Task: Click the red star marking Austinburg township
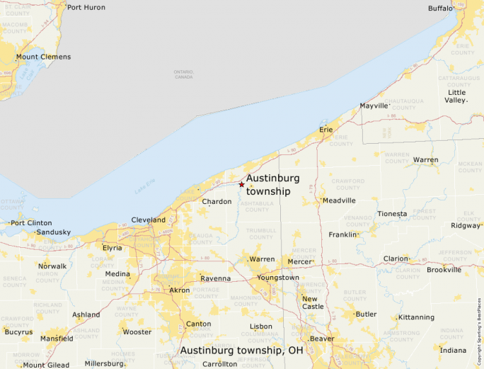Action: pyautogui.click(x=241, y=184)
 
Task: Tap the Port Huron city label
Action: pyautogui.click(x=86, y=7)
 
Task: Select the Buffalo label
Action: pyautogui.click(x=440, y=8)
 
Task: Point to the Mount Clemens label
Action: pyautogui.click(x=43, y=57)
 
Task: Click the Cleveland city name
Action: pyautogui.click(x=149, y=220)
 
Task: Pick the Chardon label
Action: pyautogui.click(x=217, y=202)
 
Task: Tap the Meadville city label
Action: pyautogui.click(x=339, y=200)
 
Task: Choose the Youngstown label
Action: pyautogui.click(x=277, y=278)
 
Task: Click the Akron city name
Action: pyautogui.click(x=180, y=290)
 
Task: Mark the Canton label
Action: pyautogui.click(x=197, y=324)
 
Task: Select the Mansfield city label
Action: pyautogui.click(x=57, y=339)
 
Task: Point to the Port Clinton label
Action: pyautogui.click(x=31, y=222)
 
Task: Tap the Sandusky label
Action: pyautogui.click(x=54, y=232)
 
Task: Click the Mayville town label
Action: pyautogui.click(x=374, y=106)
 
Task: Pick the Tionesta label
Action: pyautogui.click(x=392, y=214)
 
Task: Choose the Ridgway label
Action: pyautogui.click(x=465, y=226)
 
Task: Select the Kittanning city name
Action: pyautogui.click(x=416, y=317)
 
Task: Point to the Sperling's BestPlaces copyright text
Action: pyautogui.click(x=478, y=325)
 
